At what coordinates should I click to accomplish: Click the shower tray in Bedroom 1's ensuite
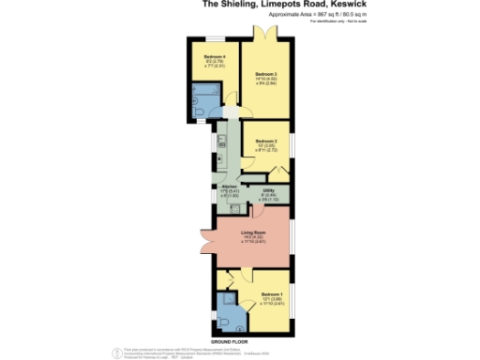224,303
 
